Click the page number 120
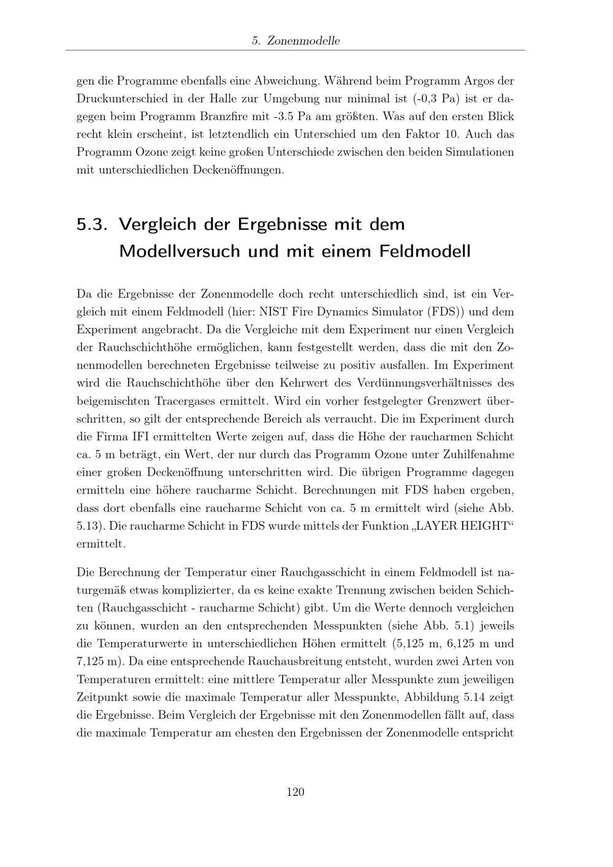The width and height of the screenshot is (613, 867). point(295,792)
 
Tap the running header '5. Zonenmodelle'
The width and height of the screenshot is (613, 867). point(295,41)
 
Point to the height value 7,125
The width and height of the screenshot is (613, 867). point(93,662)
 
